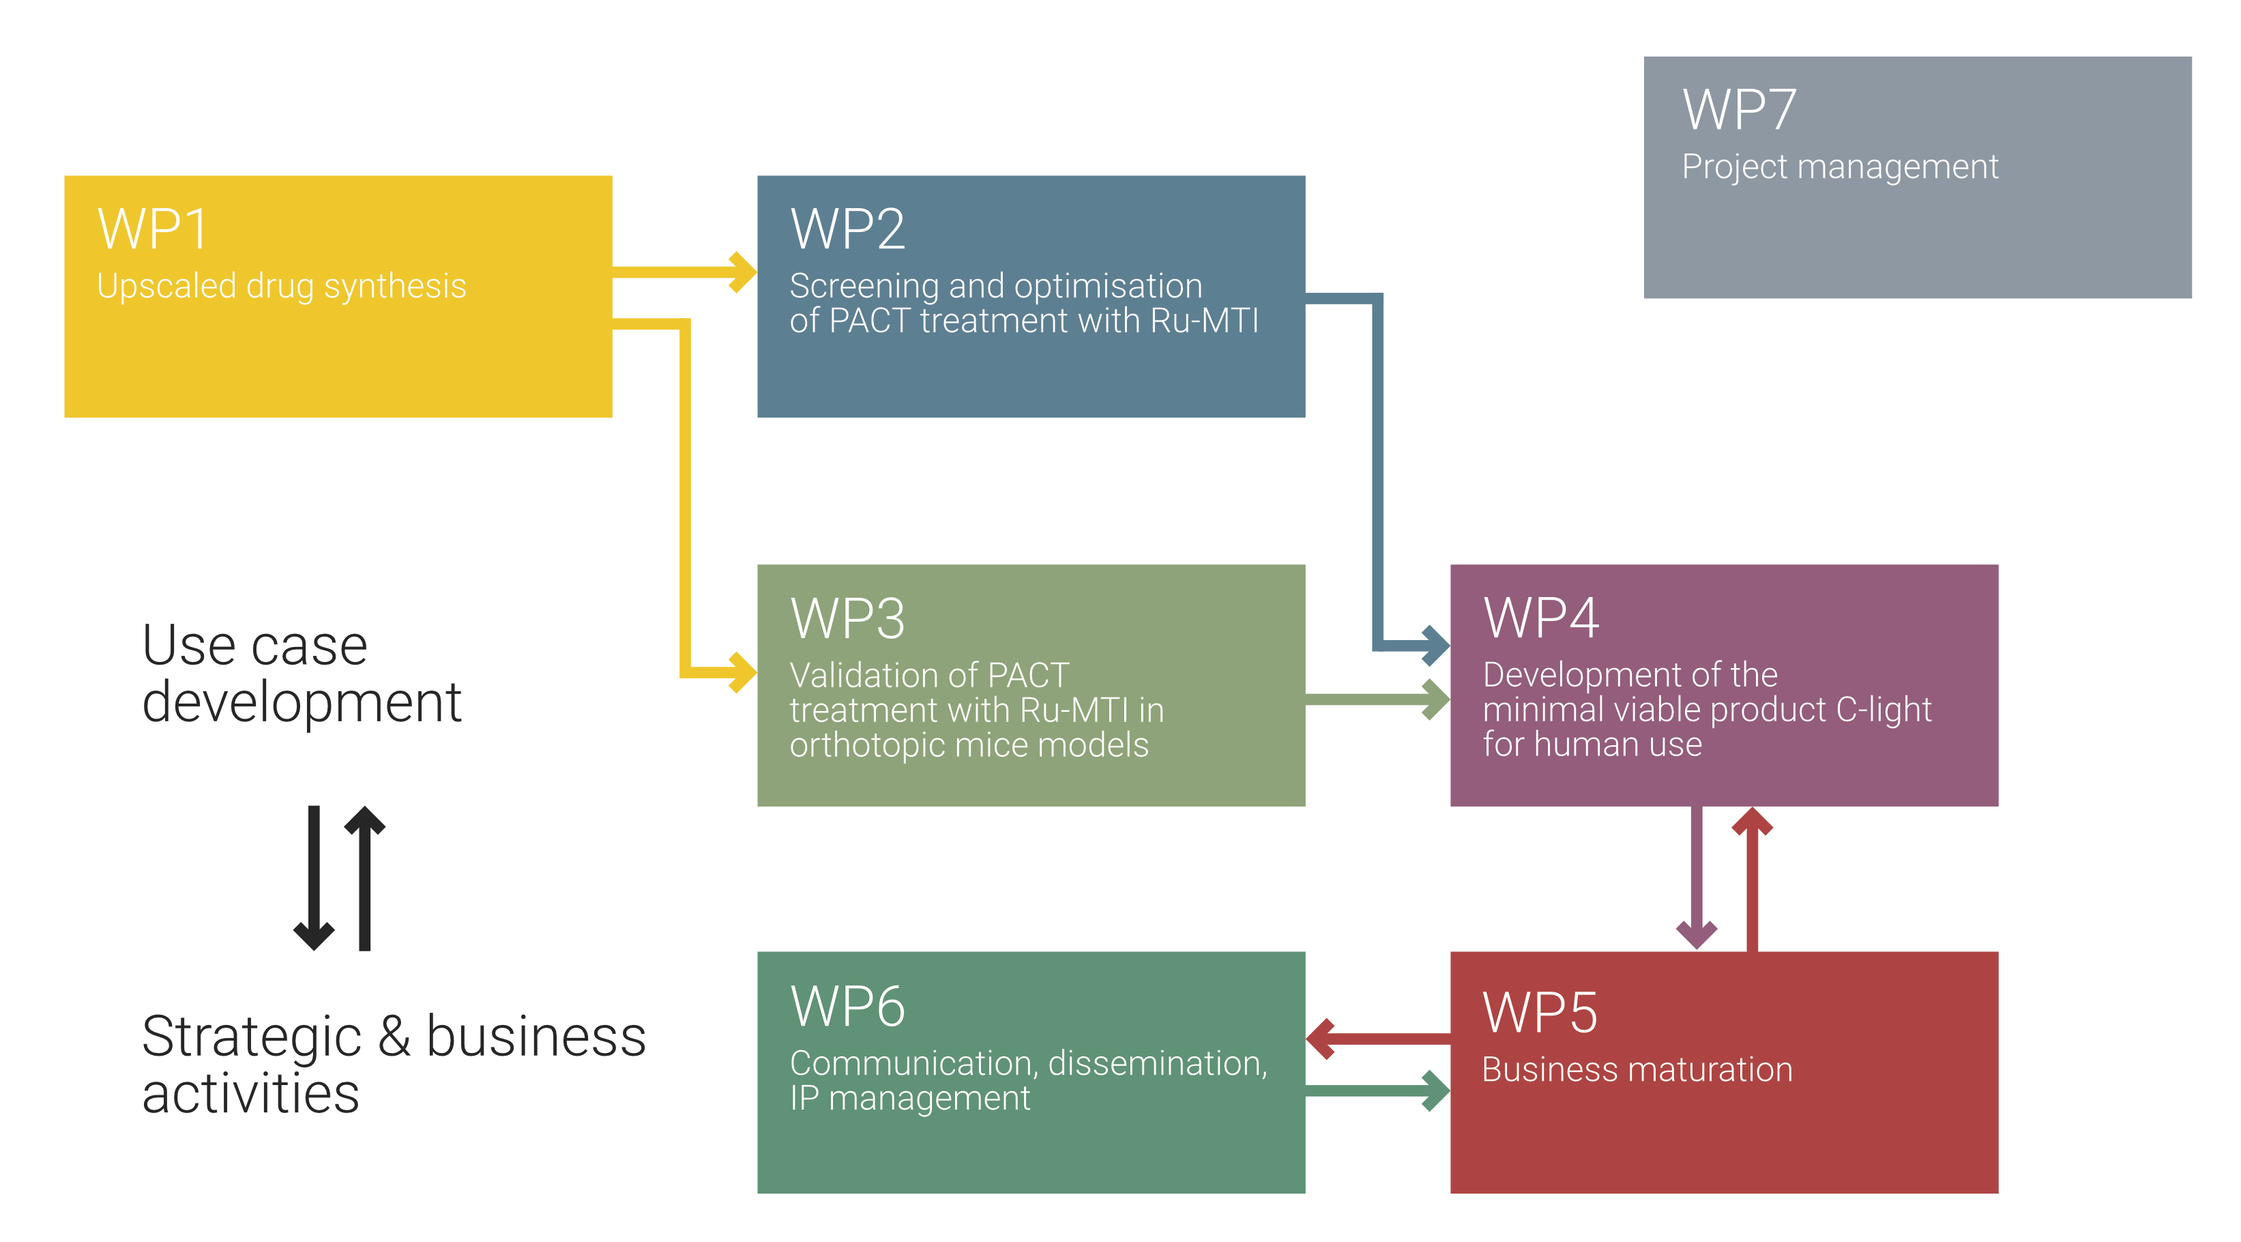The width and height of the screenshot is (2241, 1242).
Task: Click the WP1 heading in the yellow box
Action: (153, 230)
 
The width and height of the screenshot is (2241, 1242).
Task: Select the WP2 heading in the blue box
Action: (847, 230)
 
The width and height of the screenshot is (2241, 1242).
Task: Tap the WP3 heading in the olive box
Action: (847, 619)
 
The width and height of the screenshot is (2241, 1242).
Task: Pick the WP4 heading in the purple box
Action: (1540, 619)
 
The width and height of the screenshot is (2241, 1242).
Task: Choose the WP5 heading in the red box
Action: (1540, 1013)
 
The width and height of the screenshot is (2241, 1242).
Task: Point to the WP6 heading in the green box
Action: (847, 1007)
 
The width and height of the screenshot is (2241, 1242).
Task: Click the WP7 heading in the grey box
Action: (1739, 111)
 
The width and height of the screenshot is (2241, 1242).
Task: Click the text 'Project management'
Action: (1840, 167)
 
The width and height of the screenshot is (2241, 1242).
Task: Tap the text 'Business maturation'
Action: (1637, 1069)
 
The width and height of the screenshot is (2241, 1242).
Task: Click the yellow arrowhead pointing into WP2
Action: (742, 272)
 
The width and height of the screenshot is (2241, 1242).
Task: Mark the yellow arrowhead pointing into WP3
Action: (742, 672)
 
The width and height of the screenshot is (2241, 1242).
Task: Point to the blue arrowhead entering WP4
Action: (1435, 645)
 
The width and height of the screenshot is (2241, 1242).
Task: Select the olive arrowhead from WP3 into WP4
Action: (1435, 699)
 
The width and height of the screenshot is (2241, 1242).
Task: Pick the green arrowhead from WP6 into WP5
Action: (1435, 1091)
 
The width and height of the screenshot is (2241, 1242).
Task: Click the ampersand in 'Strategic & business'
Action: (394, 1037)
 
